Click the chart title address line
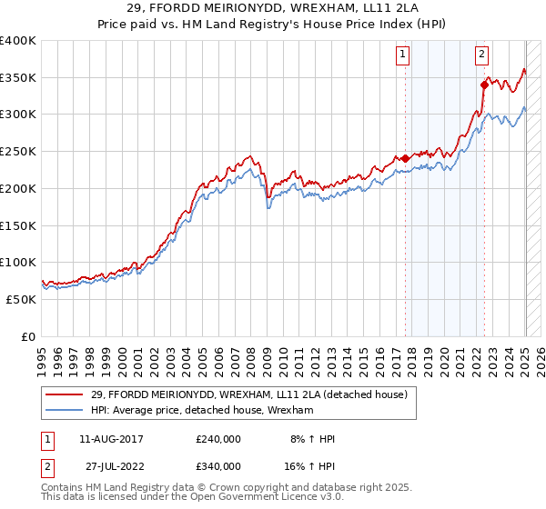click(273, 9)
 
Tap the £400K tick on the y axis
click(18, 41)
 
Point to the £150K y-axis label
click(18, 225)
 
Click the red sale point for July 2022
click(484, 85)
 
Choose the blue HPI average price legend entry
click(202, 411)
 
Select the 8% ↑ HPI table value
click(312, 439)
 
